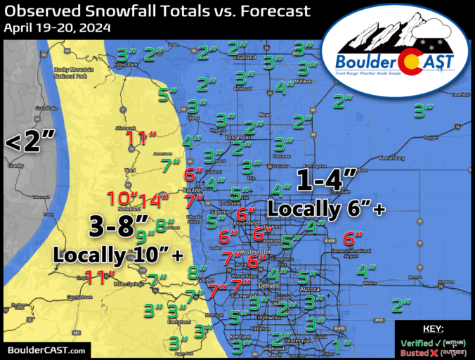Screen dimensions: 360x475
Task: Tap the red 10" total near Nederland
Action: (122, 199)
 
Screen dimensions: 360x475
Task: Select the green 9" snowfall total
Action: (145, 236)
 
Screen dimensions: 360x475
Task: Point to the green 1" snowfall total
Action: (342, 345)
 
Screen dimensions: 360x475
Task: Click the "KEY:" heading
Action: (432, 329)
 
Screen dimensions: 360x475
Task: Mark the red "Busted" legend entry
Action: (417, 352)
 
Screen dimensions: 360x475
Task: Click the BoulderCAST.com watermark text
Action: (46, 349)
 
